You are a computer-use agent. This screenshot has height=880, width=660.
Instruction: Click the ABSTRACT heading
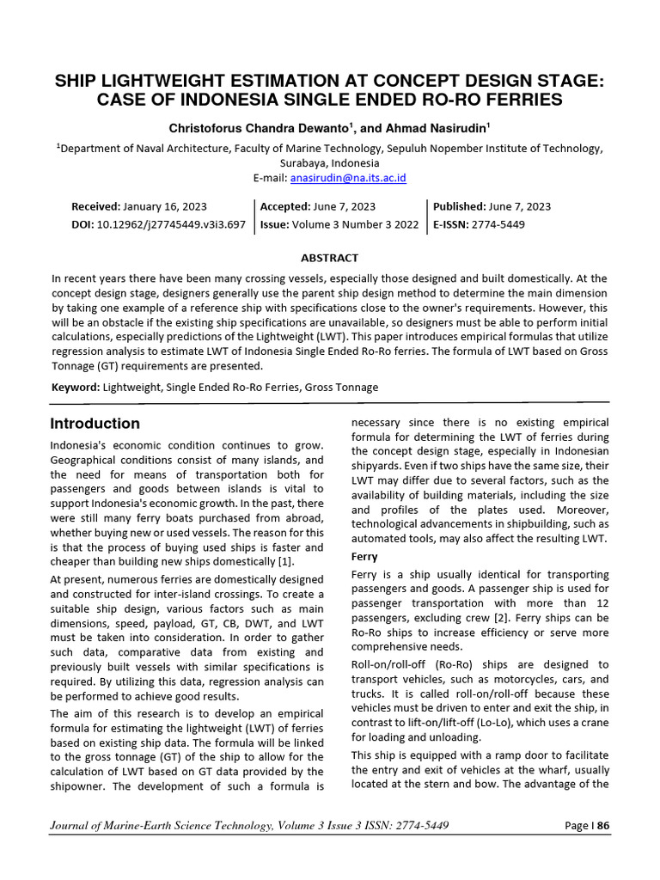[x=329, y=258]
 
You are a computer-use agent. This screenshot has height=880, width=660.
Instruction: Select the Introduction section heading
[x=95, y=424]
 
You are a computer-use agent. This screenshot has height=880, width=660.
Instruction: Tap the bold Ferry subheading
[x=365, y=557]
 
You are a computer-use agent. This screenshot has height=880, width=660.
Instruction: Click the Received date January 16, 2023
[x=164, y=207]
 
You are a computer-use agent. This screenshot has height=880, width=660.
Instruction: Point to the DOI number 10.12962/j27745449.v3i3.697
[x=172, y=224]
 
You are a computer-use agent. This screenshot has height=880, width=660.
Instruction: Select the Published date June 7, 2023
[x=518, y=207]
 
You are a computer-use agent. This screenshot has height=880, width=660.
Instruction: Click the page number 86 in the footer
[x=602, y=826]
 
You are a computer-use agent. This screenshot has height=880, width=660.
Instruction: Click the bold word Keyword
[x=75, y=388]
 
